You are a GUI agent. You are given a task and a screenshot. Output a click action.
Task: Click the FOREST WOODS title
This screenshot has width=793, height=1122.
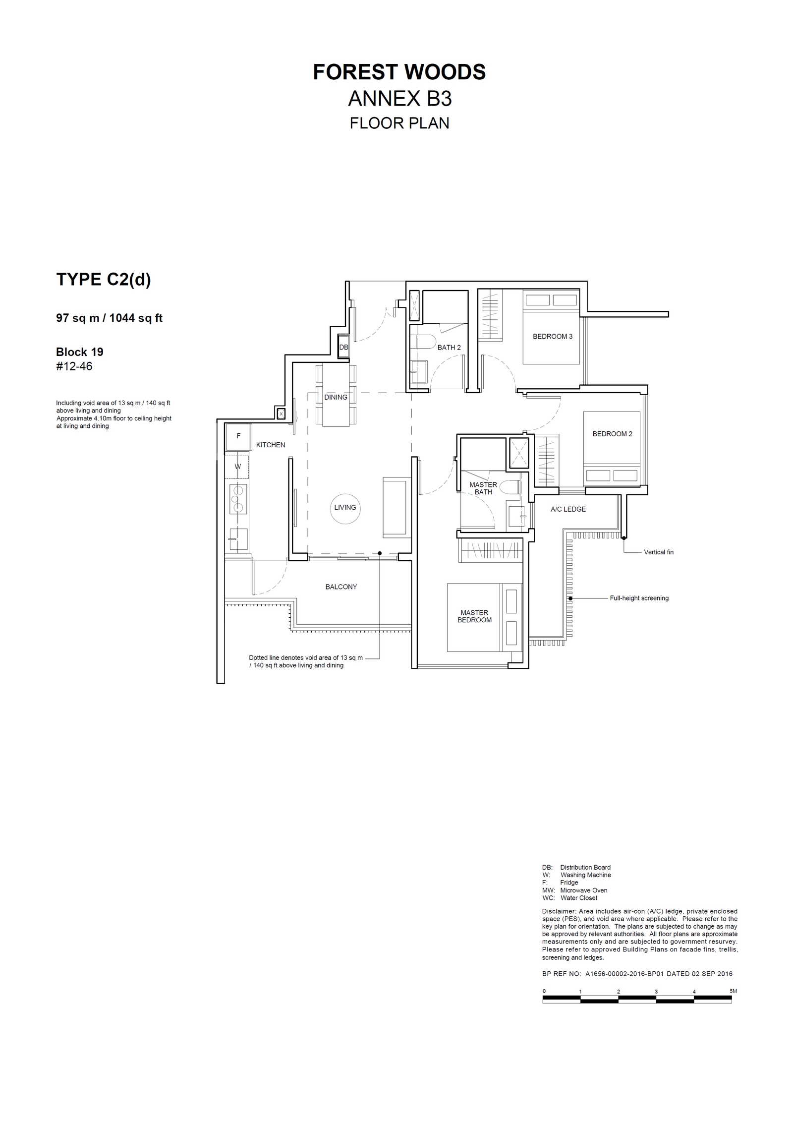pos(399,72)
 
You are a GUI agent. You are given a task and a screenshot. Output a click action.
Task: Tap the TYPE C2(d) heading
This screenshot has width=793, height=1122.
pos(104,280)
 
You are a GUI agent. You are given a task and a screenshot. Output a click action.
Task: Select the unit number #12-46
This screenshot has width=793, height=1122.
pos(74,366)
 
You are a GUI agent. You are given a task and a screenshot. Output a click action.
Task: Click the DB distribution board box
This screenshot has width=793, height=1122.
pos(343,347)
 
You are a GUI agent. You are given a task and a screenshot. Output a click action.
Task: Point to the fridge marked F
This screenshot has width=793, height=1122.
pos(238,436)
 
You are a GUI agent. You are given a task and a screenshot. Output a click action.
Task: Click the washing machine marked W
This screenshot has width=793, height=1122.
pos(237,467)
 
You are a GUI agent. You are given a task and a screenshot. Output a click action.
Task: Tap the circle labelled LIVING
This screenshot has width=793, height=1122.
pos(345,508)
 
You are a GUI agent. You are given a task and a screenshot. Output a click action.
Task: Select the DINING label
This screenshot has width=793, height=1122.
pos(336,397)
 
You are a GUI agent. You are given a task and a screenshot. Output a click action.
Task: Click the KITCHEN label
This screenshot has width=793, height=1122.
pos(271,445)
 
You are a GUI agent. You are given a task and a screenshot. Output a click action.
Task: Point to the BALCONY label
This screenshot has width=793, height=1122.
pos(341,587)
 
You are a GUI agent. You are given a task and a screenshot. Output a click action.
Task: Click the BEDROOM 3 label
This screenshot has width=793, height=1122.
pos(553,336)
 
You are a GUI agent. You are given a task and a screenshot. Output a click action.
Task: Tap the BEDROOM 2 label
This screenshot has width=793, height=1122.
pos(613,434)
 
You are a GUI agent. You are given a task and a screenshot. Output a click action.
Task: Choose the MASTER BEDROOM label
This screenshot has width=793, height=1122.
pos(474,616)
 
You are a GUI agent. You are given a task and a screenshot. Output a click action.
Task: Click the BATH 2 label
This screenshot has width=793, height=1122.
pos(449,348)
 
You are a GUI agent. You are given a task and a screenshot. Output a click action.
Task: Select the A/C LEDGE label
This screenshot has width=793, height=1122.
pos(568,509)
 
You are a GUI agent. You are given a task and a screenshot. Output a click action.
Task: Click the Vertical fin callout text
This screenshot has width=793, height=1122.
pos(659,552)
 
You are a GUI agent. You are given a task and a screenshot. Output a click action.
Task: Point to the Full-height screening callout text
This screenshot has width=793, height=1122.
pos(639,598)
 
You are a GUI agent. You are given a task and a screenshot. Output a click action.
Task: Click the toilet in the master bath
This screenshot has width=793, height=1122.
pos(510,486)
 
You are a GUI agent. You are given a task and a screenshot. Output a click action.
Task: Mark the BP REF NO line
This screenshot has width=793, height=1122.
pos(637,974)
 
